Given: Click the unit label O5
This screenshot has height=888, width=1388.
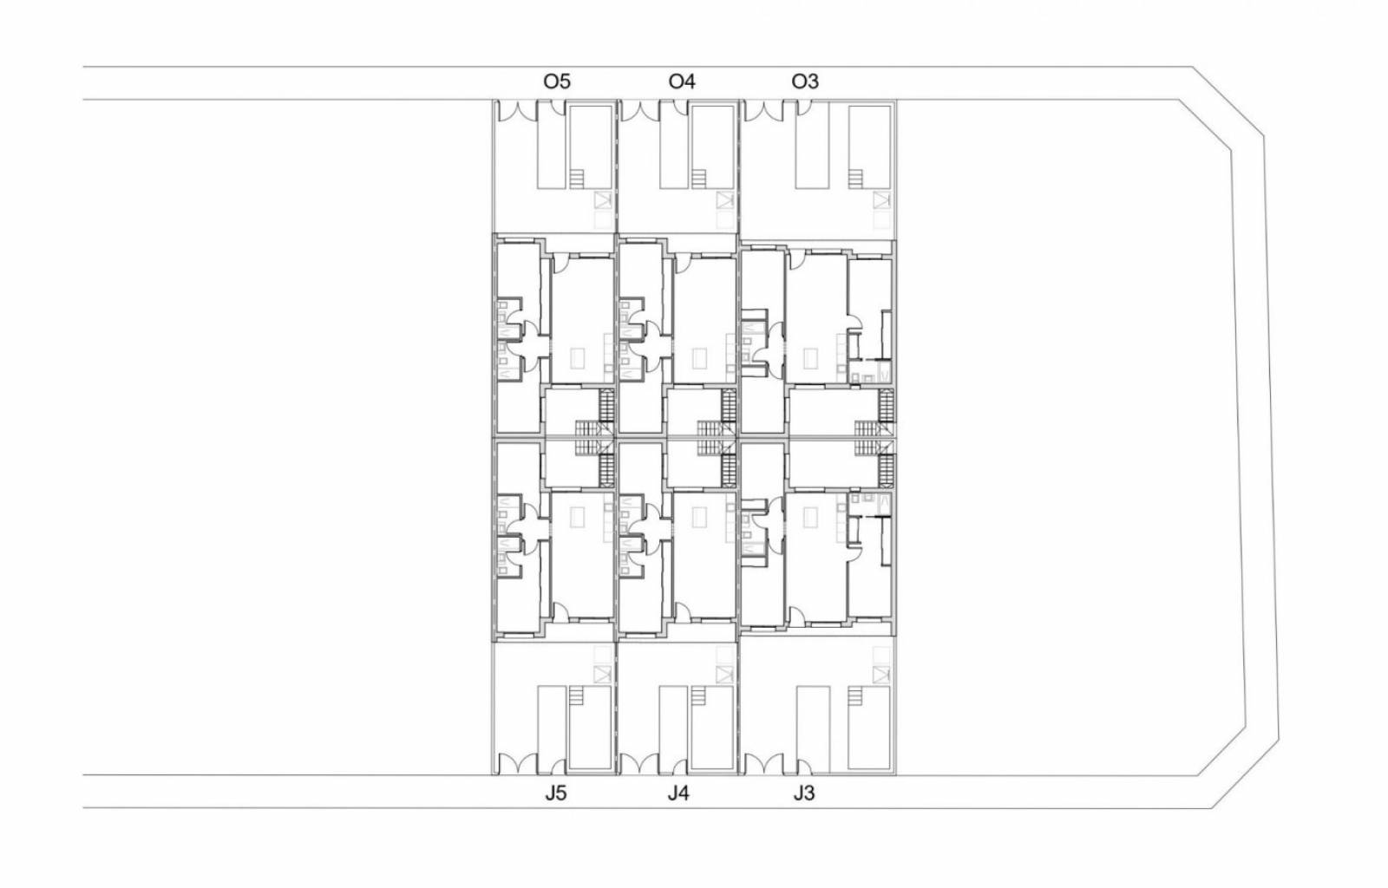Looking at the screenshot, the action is pos(556,82).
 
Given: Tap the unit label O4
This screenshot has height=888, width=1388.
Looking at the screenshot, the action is pos(682,82).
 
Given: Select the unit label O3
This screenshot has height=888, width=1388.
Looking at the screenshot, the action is pos(805,82).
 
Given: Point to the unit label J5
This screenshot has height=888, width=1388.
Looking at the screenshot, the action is pos(555,793).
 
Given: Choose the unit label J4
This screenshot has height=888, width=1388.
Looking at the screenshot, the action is pos(678,793).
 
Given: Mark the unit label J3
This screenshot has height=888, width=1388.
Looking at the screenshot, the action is pos(803,793).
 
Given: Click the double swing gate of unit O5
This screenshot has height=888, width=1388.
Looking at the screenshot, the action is pos(517,110).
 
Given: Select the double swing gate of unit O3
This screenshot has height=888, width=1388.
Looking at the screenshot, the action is pos(763,110).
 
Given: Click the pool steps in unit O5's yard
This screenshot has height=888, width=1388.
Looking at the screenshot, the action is pos(577,179).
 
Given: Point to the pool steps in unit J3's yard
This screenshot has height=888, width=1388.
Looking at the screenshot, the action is pos(855,695).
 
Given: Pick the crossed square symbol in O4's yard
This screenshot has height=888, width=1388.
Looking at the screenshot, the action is pos(724,200).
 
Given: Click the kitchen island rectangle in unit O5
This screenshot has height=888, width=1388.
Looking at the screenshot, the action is pos(578,357).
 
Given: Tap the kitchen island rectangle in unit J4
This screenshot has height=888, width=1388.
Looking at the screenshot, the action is pos(700,517).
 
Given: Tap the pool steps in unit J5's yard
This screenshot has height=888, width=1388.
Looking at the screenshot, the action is pos(577,695).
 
